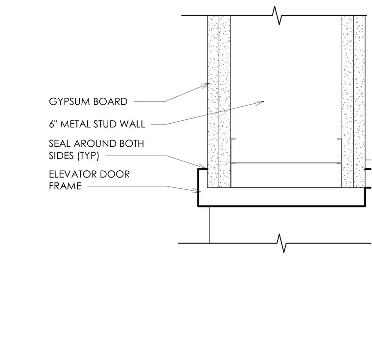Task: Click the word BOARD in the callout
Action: [x=110, y=102]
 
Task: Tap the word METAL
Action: [x=75, y=124]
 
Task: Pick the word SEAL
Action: [x=60, y=143]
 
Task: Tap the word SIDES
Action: [x=61, y=156]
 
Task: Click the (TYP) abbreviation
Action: [x=88, y=156]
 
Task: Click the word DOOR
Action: [x=115, y=174]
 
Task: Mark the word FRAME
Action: [x=65, y=186]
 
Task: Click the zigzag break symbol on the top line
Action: [x=277, y=16]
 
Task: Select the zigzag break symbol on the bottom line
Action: [x=281, y=243]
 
